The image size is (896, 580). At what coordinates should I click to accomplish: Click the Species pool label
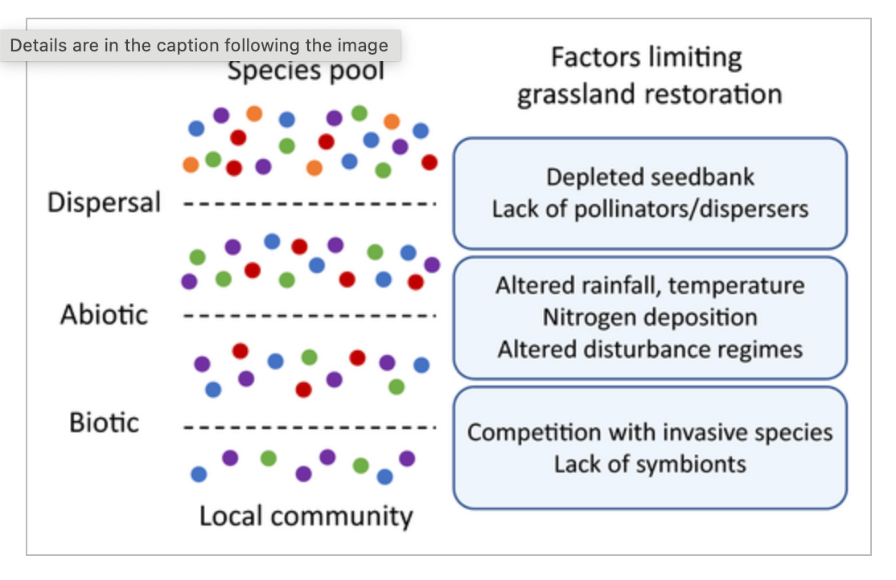pos(306,71)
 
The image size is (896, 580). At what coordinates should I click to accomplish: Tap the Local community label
pos(306,516)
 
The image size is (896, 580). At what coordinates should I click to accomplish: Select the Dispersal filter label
pos(105,202)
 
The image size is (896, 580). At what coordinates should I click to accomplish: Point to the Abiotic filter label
pos(105,314)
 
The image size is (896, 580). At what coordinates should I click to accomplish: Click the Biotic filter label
pos(105,423)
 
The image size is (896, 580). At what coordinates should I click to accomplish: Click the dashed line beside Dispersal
pos(310,203)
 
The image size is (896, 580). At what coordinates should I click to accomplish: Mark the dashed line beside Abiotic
pos(310,316)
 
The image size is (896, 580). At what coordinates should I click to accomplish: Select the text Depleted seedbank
pos(650,177)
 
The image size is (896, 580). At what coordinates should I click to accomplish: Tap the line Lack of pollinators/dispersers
pos(650,209)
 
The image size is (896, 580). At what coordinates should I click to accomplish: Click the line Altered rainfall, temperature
pos(650,285)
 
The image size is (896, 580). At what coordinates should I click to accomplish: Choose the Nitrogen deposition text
pos(650,317)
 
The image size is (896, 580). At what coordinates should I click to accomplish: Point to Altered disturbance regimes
pos(650,349)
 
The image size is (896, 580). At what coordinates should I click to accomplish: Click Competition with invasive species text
pos(650,432)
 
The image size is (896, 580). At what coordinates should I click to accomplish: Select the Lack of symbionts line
pos(650,464)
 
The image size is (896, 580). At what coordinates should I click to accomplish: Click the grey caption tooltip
pos(199,46)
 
